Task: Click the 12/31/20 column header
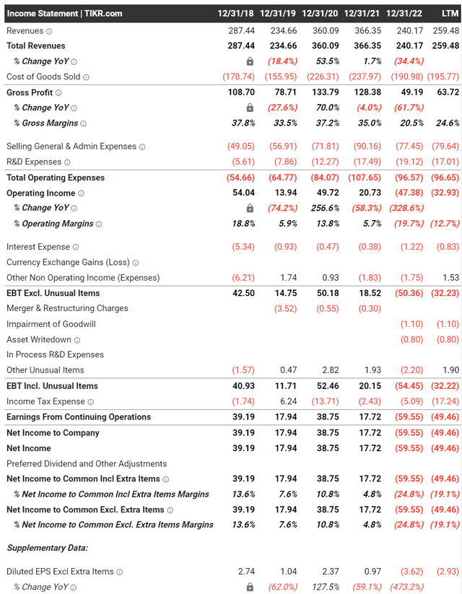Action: pyautogui.click(x=320, y=14)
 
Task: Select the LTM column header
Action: pyautogui.click(x=450, y=14)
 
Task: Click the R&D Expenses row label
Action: pyautogui.click(x=34, y=162)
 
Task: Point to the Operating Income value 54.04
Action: pyautogui.click(x=243, y=193)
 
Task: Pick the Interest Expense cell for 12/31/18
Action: pyautogui.click(x=243, y=247)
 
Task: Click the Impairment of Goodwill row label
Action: pyautogui.click(x=51, y=324)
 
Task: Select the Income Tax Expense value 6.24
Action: pyautogui.click(x=289, y=401)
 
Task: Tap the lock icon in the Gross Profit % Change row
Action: pyautogui.click(x=250, y=108)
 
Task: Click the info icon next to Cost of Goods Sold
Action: pyautogui.click(x=86, y=77)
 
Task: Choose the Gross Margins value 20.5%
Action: pyautogui.click(x=411, y=123)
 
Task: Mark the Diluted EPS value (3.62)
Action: pyautogui.click(x=411, y=572)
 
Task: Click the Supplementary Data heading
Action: pyautogui.click(x=48, y=548)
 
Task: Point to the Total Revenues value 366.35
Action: pyautogui.click(x=367, y=46)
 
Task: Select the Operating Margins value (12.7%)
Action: pyautogui.click(x=445, y=224)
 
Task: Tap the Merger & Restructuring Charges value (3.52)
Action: pyautogui.click(x=285, y=308)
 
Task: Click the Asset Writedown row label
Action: pyautogui.click(x=39, y=339)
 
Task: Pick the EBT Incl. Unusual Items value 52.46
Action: pyautogui.click(x=328, y=386)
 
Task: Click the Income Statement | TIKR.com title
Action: pyautogui.click(x=64, y=14)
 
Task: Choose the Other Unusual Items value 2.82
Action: pyautogui.click(x=331, y=370)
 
